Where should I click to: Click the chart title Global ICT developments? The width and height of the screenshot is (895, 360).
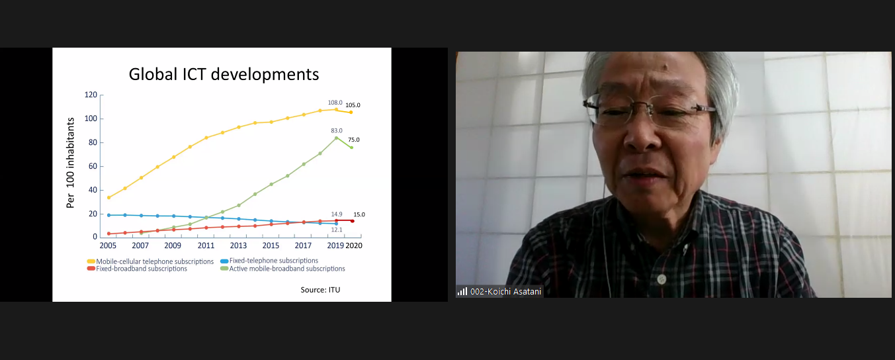pyautogui.click(x=224, y=75)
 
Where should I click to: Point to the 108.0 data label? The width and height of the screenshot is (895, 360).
pyautogui.click(x=335, y=103)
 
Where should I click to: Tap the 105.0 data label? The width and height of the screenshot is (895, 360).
pyautogui.click(x=353, y=105)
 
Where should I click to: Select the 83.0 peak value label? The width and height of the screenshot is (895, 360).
pyautogui.click(x=337, y=130)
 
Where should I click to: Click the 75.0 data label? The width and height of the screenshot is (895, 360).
pyautogui.click(x=354, y=140)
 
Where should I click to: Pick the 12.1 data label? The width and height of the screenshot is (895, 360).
pyautogui.click(x=337, y=230)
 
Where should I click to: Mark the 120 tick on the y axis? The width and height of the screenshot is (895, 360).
pyautogui.click(x=91, y=95)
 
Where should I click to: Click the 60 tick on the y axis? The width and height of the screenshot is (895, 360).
pyautogui.click(x=93, y=166)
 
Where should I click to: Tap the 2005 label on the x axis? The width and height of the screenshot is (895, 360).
pyautogui.click(x=108, y=246)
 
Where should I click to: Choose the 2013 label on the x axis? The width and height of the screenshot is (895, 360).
pyautogui.click(x=238, y=246)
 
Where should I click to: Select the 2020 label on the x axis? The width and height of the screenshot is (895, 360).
pyautogui.click(x=354, y=246)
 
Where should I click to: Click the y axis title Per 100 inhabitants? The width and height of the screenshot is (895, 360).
pyautogui.click(x=70, y=163)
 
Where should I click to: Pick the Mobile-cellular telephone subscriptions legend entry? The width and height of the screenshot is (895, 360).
pyautogui.click(x=151, y=261)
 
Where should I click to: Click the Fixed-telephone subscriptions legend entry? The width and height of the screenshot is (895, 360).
pyautogui.click(x=269, y=261)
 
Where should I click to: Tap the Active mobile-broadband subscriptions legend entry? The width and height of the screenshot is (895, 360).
pyautogui.click(x=282, y=269)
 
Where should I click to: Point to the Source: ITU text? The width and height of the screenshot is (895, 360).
pyautogui.click(x=320, y=290)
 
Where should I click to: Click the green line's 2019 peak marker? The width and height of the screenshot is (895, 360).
pyautogui.click(x=336, y=138)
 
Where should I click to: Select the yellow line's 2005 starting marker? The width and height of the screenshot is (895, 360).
pyautogui.click(x=108, y=197)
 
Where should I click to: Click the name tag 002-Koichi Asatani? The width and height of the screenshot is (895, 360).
pyautogui.click(x=505, y=292)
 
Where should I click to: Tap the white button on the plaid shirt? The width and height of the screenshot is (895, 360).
pyautogui.click(x=661, y=279)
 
